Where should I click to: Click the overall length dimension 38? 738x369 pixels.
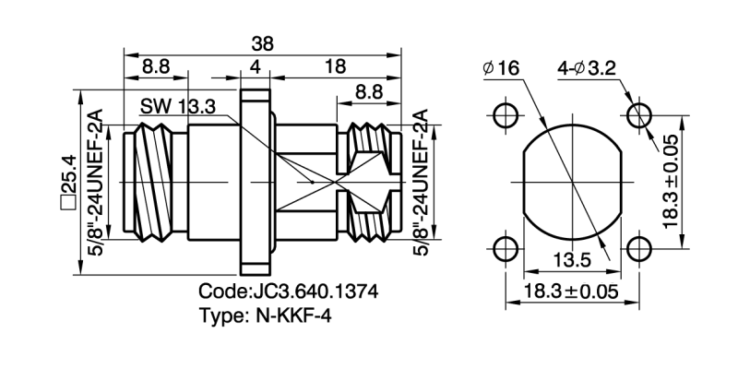pyautogui.click(x=264, y=42)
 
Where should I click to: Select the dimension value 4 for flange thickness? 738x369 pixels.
pyautogui.click(x=256, y=67)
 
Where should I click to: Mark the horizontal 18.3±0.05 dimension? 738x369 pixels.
pyautogui.click(x=569, y=292)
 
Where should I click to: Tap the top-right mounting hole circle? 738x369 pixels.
pyautogui.click(x=638, y=115)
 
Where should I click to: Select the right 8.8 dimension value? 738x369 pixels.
pyautogui.click(x=371, y=92)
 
